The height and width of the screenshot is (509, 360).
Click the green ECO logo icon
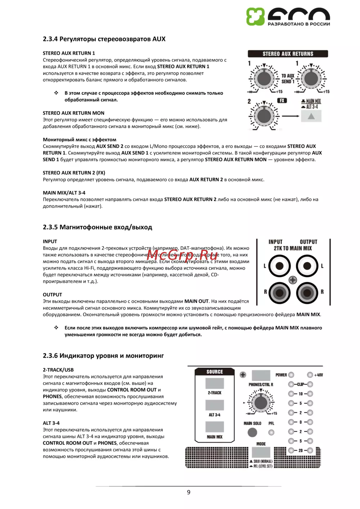pyautogui.click(x=255, y=17)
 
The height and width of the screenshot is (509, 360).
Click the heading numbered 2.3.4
pyautogui.click(x=104, y=39)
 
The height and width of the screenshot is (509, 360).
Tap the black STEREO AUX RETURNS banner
pyautogui.click(x=288, y=54)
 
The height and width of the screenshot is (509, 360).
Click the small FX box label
pyautogui.click(x=282, y=101)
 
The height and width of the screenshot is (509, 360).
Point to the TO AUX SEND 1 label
pyautogui.click(x=288, y=78)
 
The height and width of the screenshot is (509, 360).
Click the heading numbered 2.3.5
pyautogui.click(x=97, y=227)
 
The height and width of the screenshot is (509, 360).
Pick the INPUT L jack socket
pyautogui.click(x=279, y=266)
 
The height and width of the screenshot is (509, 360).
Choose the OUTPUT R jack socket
pyautogui.click(x=307, y=293)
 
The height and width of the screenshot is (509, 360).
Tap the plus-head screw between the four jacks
pyautogui.click(x=293, y=280)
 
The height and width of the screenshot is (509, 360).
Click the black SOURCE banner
pyautogui.click(x=215, y=372)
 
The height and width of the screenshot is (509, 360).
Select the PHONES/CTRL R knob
pyautogui.click(x=260, y=403)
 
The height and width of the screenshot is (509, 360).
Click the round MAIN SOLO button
pyautogui.click(x=252, y=432)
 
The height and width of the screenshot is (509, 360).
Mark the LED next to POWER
pyautogui.click(x=291, y=375)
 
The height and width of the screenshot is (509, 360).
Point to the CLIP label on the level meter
pyautogui.click(x=300, y=384)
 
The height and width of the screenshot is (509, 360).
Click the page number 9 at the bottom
pyautogui.click(x=189, y=492)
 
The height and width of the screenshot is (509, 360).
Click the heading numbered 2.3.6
pyautogui.click(x=103, y=356)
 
